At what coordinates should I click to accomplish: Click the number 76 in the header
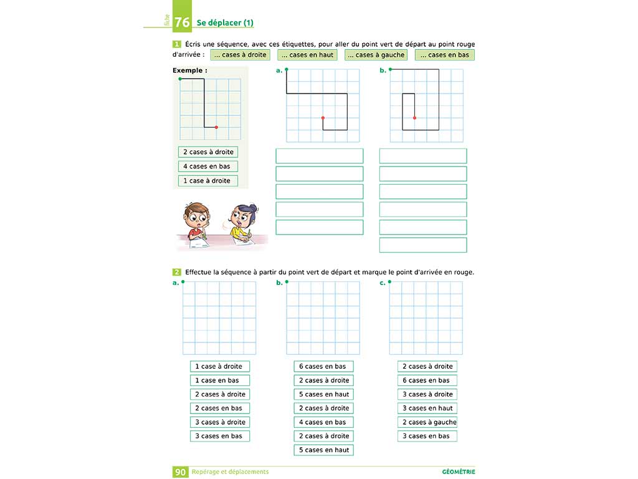coord(182,22)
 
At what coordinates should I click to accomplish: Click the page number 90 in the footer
coord(180,472)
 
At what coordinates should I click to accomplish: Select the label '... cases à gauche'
coord(376,55)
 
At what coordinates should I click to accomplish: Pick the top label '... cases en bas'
coord(445,55)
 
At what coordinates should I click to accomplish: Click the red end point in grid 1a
coord(323,118)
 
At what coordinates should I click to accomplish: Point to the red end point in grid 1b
coord(414,118)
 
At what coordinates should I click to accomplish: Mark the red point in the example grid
coord(216,127)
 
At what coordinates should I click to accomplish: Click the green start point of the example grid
coord(180,79)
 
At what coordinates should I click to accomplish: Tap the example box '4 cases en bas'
coord(207,167)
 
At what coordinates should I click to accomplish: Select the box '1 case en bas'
coord(219,380)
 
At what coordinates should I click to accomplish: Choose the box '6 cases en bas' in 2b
coord(323,366)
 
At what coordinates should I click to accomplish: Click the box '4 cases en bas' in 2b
coord(323,422)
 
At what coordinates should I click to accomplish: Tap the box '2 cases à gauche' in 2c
coord(427,422)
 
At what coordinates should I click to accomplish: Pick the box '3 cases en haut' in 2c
coord(427,409)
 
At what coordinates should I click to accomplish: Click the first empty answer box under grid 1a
coord(319,156)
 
